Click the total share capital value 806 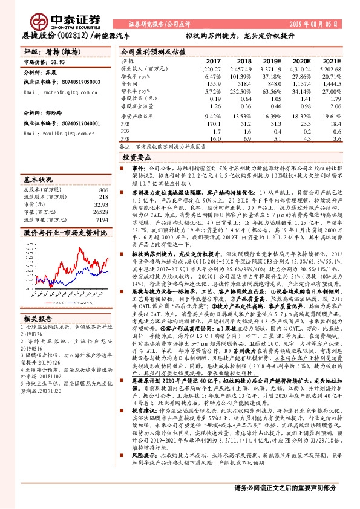(x=103, y=190)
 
